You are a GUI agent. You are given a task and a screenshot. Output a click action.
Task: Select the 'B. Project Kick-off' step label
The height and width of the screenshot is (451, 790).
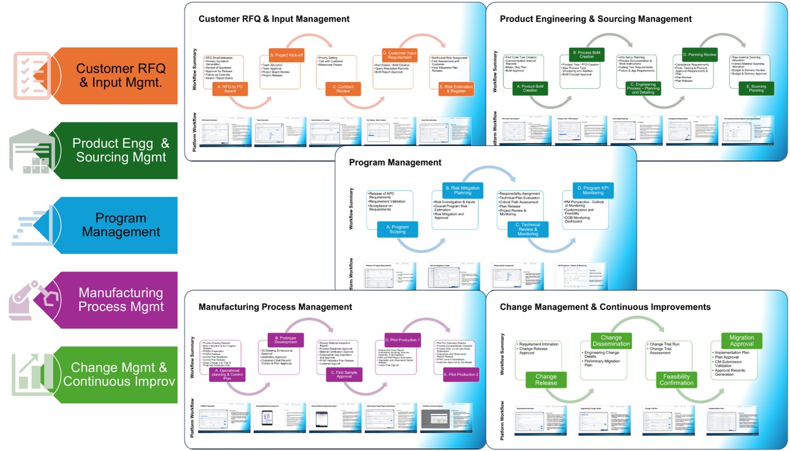pos(286,55)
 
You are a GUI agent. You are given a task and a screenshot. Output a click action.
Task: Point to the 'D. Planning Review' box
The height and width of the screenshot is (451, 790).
pos(700,55)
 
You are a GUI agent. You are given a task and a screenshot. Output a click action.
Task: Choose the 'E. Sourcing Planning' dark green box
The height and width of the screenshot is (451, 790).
pos(755,89)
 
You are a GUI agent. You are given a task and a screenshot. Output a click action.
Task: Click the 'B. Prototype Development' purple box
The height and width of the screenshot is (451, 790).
pos(285,340)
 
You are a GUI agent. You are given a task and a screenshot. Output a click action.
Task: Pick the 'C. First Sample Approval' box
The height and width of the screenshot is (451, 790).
pos(343,374)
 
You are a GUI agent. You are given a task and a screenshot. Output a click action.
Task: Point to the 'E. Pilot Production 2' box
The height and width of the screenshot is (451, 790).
pos(461,374)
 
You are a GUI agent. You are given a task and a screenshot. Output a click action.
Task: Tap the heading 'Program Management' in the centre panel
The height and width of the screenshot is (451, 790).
pos(395,162)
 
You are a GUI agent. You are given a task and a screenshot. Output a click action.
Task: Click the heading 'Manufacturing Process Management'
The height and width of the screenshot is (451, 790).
pos(275,307)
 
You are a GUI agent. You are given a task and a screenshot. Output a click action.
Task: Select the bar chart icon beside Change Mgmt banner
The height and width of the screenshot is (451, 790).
pos(31,375)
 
